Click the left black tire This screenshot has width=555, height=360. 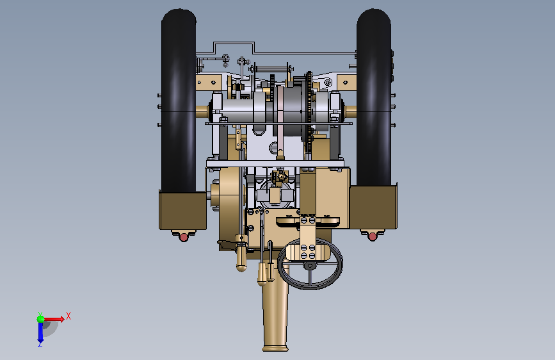click(179, 101)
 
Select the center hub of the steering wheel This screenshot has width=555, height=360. click(310, 265)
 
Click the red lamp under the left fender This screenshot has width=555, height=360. click(184, 237)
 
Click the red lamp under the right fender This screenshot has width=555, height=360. click(373, 236)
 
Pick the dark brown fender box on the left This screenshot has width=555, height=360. click(182, 211)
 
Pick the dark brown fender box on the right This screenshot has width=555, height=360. click(373, 208)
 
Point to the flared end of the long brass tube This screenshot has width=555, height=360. click(275, 347)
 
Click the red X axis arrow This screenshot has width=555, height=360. click(54, 319)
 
